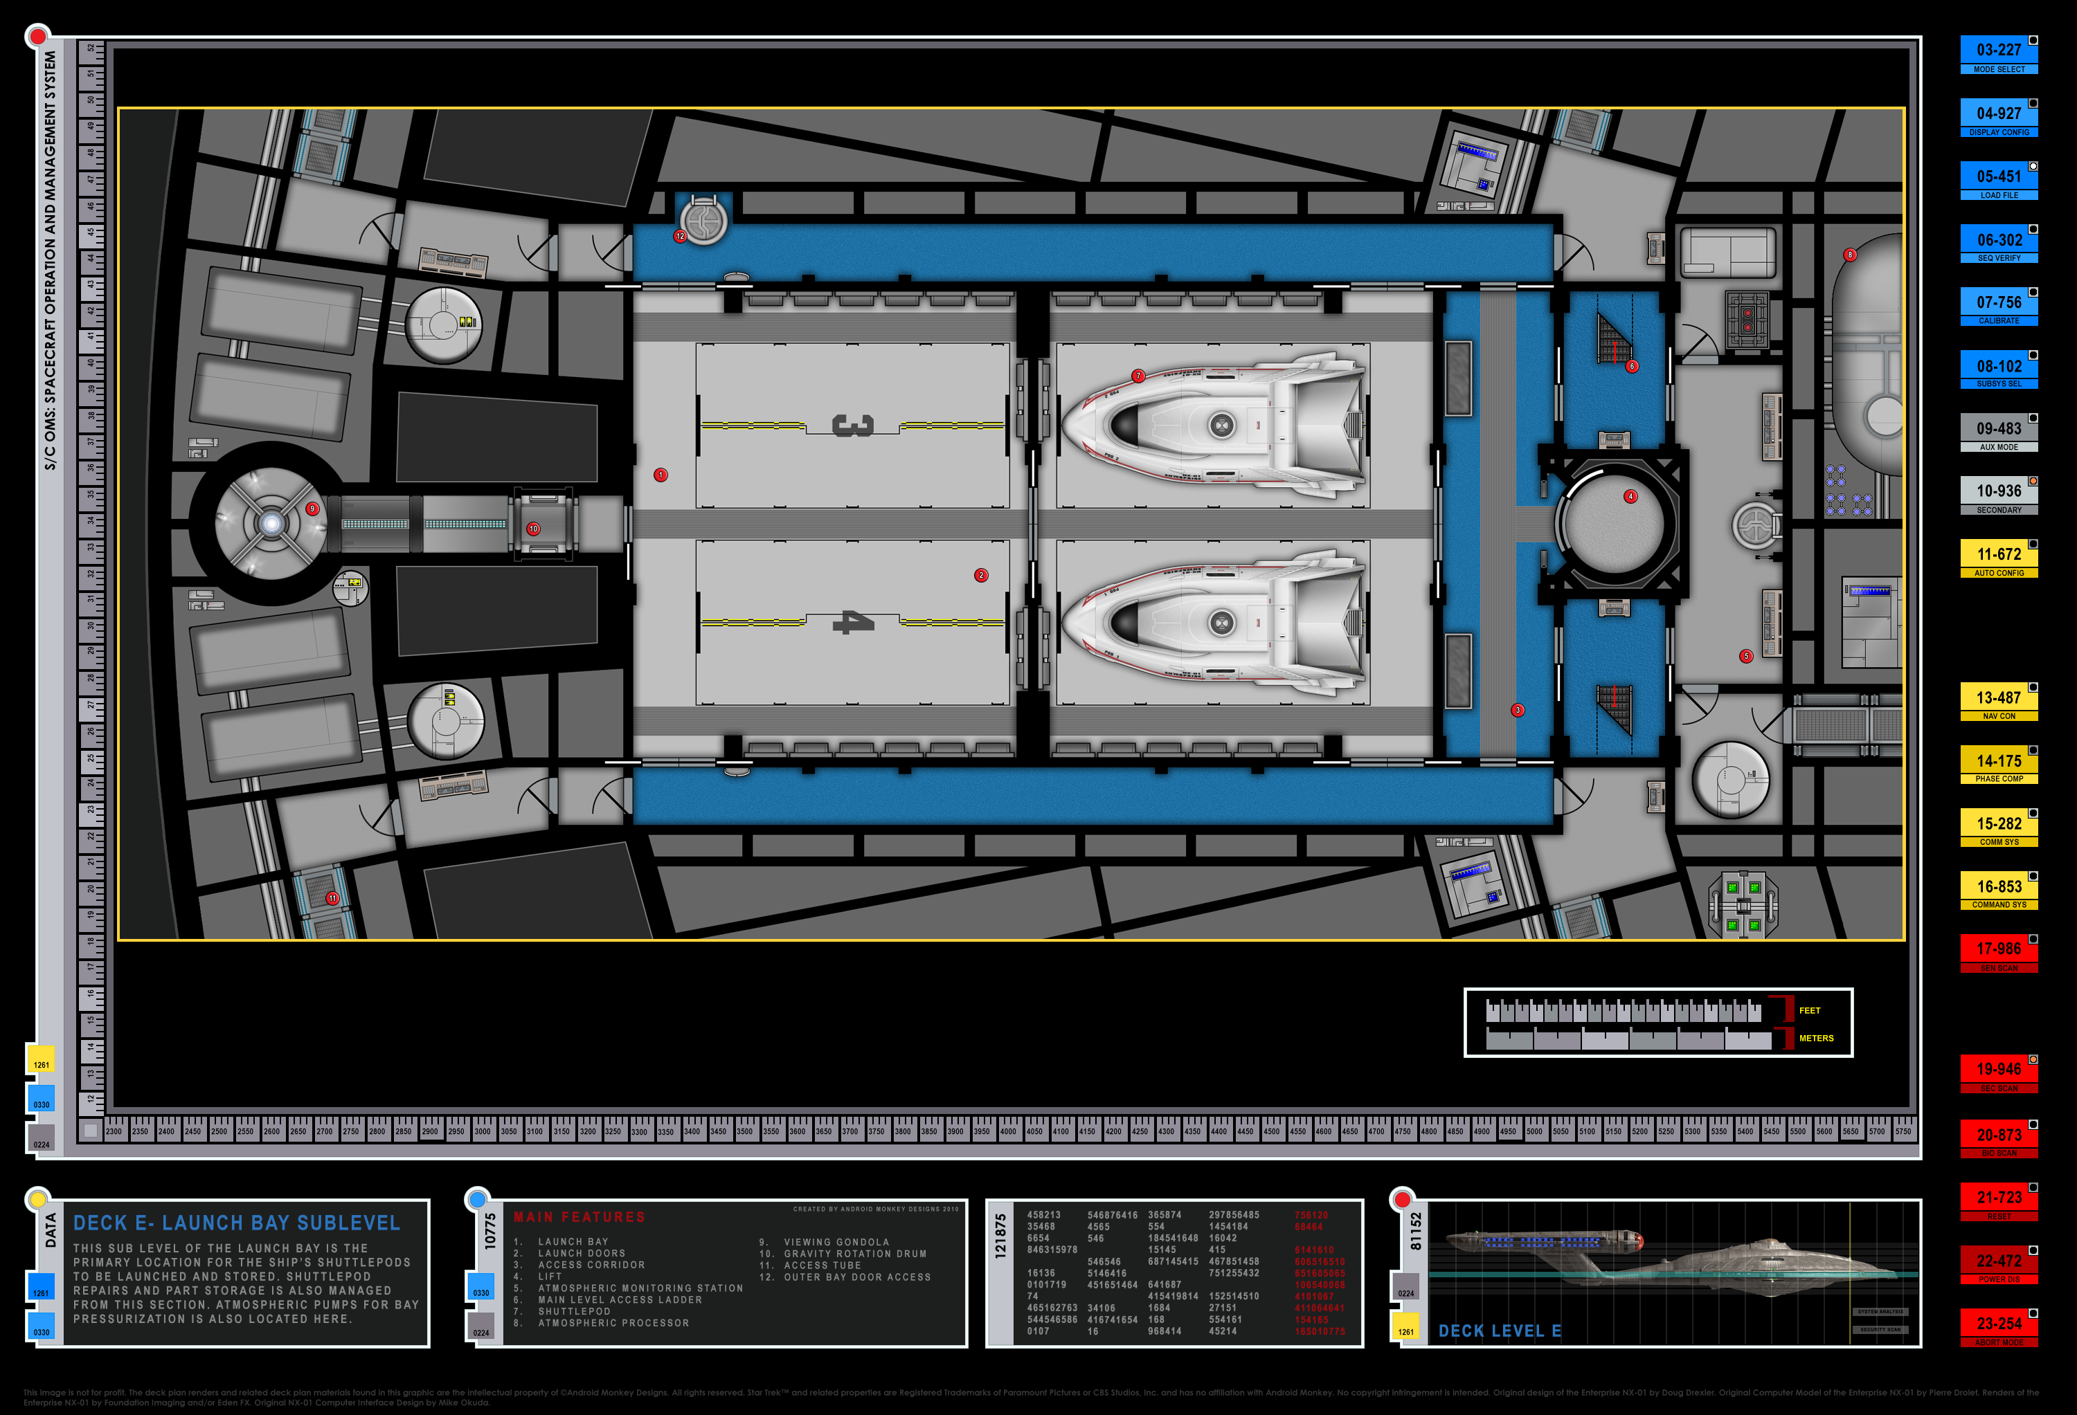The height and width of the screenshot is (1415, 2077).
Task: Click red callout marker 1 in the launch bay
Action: (x=660, y=475)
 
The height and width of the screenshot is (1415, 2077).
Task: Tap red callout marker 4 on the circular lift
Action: (x=1630, y=497)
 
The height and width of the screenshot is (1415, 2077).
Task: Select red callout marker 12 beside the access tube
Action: (x=680, y=237)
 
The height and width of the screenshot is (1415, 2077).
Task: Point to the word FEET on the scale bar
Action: (x=1809, y=1010)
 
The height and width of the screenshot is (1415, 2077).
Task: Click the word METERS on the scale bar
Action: (x=1815, y=1038)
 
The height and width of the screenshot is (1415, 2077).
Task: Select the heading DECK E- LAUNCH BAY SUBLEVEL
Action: (x=237, y=1223)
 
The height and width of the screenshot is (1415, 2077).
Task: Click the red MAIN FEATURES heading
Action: (x=579, y=1216)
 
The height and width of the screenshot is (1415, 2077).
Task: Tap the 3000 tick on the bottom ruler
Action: (x=483, y=1131)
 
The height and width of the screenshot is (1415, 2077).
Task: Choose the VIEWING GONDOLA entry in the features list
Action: (x=836, y=1242)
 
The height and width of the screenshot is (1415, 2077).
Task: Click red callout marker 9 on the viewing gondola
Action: (x=312, y=509)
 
